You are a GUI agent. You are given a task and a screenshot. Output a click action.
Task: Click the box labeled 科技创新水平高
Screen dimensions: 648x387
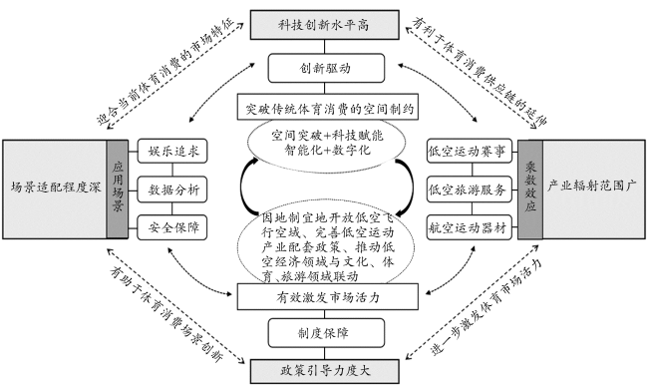[324, 25]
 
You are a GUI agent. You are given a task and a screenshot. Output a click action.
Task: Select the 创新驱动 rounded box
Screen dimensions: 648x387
[326, 68]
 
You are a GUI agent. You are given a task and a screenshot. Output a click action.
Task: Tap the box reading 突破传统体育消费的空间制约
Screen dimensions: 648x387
[328, 108]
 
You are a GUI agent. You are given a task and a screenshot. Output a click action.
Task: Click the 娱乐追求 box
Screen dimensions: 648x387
[172, 151]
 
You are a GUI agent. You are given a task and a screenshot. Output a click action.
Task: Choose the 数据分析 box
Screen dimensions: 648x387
[172, 190]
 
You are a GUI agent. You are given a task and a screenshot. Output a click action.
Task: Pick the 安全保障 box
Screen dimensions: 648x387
[172, 227]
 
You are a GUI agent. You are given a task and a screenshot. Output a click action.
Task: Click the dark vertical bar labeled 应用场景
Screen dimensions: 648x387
[118, 189]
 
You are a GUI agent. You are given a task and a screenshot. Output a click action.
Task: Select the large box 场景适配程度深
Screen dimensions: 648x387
[55, 189]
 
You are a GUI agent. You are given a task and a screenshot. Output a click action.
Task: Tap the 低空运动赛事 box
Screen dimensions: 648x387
[470, 151]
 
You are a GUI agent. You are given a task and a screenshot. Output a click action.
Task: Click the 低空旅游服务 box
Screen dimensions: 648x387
[470, 190]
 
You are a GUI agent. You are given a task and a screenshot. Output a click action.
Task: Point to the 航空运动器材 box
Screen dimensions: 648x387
[470, 227]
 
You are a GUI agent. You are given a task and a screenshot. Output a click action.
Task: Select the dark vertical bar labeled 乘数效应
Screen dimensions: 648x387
[530, 189]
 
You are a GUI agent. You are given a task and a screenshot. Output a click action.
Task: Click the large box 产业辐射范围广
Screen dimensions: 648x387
[593, 189]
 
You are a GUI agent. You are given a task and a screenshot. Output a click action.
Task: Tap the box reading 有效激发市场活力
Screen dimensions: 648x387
[328, 297]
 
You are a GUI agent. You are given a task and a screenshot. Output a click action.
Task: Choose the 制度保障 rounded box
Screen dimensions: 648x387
[326, 333]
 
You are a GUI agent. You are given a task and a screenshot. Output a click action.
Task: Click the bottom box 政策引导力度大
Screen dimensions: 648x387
[324, 371]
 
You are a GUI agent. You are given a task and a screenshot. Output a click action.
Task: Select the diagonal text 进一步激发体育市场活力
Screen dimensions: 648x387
[486, 307]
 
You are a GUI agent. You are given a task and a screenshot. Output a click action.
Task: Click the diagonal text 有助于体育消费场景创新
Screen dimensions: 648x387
[166, 313]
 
